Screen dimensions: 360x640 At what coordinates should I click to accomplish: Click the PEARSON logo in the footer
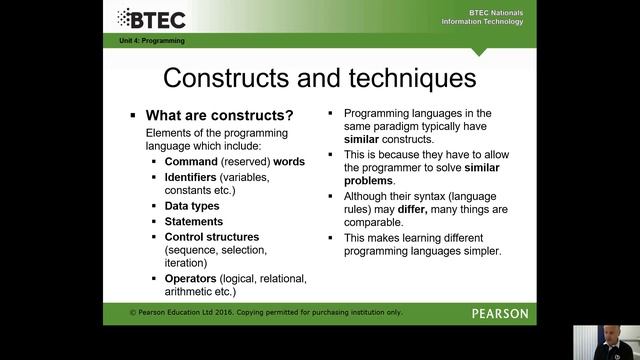click(499, 313)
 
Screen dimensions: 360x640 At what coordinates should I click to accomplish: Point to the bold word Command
click(191, 161)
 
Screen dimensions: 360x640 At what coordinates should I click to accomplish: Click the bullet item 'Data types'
click(192, 206)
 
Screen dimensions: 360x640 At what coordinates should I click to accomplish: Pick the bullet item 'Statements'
click(194, 221)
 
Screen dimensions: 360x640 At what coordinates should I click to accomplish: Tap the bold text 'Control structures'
click(211, 237)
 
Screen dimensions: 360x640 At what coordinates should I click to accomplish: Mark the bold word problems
click(369, 181)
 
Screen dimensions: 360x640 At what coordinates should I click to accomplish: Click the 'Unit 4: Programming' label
click(146, 41)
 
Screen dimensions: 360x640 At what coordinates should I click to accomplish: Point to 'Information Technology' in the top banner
click(487, 21)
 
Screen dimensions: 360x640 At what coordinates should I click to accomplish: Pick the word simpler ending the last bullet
click(478, 251)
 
